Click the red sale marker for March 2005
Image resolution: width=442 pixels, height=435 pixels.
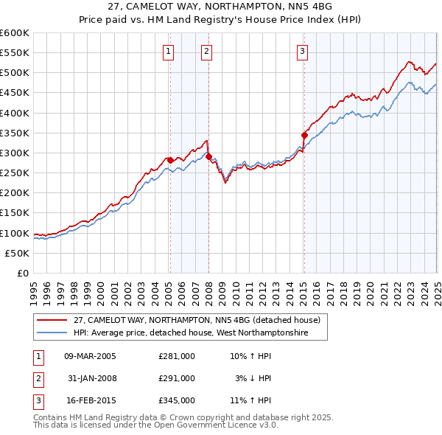click(x=170, y=160)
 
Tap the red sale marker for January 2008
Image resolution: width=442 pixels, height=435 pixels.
click(x=208, y=156)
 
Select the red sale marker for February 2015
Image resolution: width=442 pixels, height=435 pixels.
click(x=304, y=135)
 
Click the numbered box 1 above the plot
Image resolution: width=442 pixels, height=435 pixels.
click(x=169, y=51)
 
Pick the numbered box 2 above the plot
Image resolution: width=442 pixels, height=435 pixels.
click(x=206, y=51)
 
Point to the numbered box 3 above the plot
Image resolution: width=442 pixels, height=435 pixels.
click(x=303, y=51)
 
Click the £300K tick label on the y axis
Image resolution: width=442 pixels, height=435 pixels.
click(x=15, y=153)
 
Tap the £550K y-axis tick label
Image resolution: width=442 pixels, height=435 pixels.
click(x=15, y=53)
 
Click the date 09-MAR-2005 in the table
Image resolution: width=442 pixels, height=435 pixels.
click(x=91, y=356)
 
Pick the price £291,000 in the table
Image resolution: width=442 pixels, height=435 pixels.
click(x=177, y=378)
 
